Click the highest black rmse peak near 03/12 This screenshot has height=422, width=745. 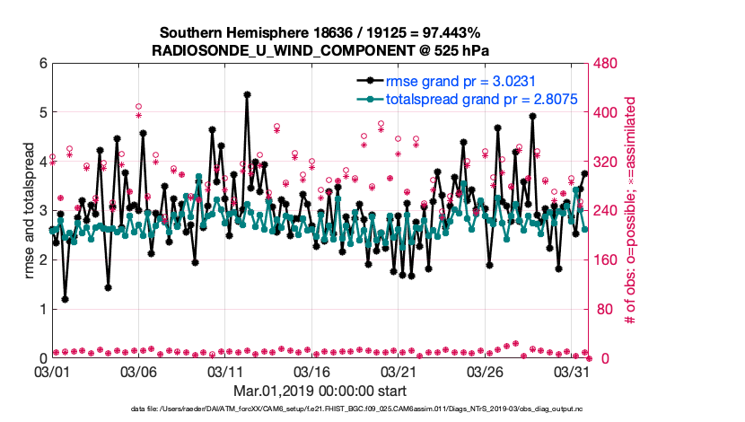[x=247, y=94]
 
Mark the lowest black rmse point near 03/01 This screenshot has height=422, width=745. [x=65, y=300]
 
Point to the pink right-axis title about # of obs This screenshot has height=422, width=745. [x=631, y=211]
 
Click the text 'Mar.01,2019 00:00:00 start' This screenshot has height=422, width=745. [x=320, y=391]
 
